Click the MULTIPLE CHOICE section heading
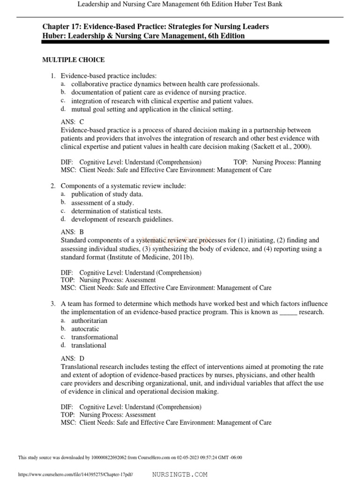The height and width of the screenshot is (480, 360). pos(74,60)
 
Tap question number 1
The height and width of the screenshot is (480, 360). pos(53,76)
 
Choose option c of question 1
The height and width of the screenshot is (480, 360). pos(162,101)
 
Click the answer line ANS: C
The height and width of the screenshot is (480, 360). pos(73,121)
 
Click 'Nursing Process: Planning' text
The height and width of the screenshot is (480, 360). pos(286,162)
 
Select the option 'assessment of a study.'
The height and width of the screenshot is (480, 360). pos(102,203)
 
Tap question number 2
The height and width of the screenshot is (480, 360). pos(53,186)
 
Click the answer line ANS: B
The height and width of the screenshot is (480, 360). pos(73,232)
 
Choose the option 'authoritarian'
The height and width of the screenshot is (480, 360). pos(89,321)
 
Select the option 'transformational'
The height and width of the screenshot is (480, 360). pos(94,337)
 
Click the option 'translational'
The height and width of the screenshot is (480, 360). pos(89,345)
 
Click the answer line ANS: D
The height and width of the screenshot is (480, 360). pos(73,358)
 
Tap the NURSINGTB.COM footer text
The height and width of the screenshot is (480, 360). pos(180,474)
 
